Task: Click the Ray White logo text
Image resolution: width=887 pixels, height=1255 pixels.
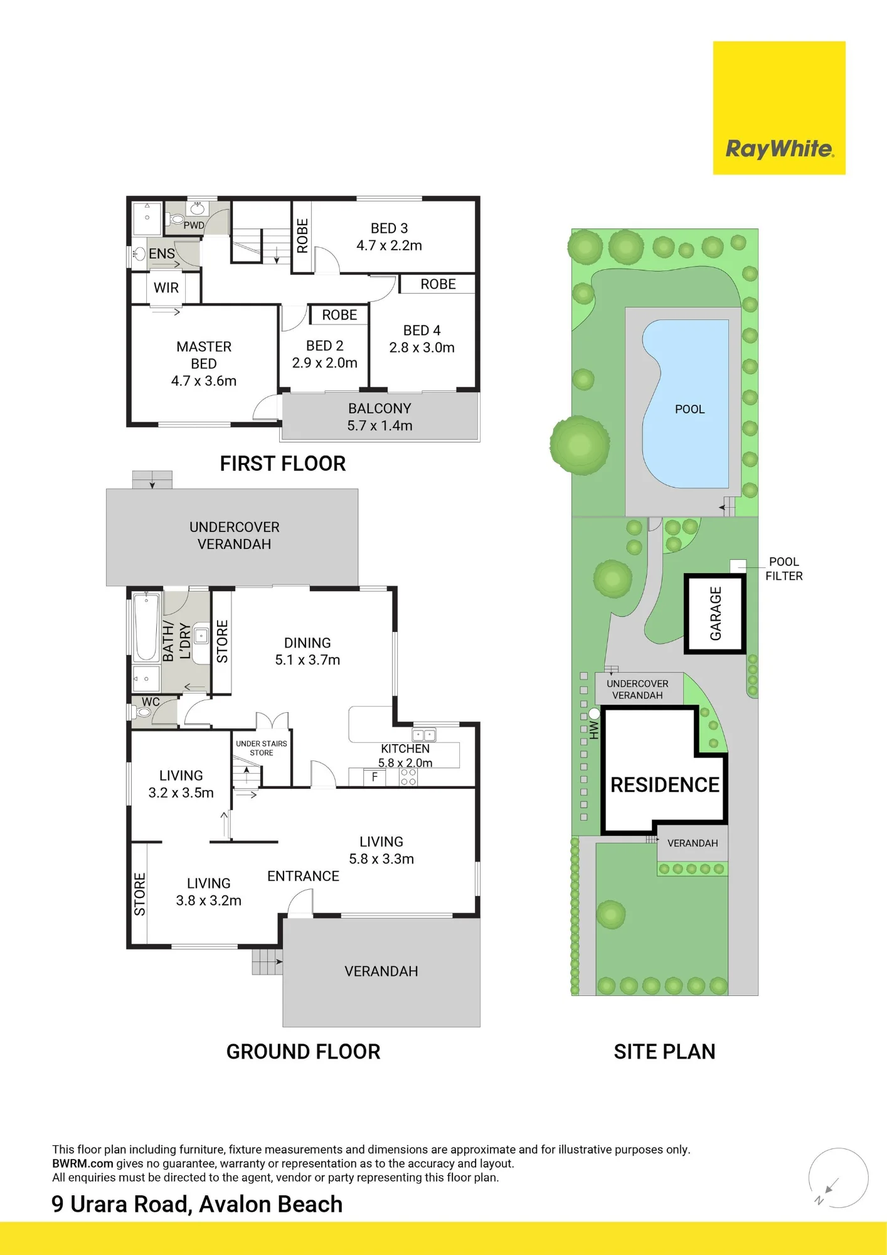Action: pyautogui.click(x=779, y=149)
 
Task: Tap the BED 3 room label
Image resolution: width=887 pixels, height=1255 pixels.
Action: pyautogui.click(x=389, y=237)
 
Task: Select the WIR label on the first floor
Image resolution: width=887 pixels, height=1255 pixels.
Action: pyautogui.click(x=166, y=287)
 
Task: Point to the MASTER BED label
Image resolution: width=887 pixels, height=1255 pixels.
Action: pyautogui.click(x=204, y=363)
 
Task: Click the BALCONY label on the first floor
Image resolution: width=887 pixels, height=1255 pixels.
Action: pyautogui.click(x=380, y=417)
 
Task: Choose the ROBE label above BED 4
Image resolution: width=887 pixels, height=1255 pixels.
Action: pyautogui.click(x=438, y=284)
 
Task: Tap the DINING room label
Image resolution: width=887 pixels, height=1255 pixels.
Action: pyautogui.click(x=307, y=651)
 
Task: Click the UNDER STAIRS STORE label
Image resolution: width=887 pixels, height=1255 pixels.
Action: pyautogui.click(x=262, y=748)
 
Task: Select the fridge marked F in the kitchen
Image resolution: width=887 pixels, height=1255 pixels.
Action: pyautogui.click(x=375, y=777)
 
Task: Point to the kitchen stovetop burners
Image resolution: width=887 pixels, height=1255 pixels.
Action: pyautogui.click(x=408, y=777)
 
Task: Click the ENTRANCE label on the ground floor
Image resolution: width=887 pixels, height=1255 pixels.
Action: pyautogui.click(x=303, y=876)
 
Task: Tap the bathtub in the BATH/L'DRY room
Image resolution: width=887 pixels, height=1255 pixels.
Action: pyautogui.click(x=146, y=627)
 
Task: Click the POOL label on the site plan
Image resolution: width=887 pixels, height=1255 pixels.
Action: pyautogui.click(x=689, y=409)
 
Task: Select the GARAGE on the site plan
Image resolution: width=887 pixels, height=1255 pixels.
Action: pyautogui.click(x=714, y=614)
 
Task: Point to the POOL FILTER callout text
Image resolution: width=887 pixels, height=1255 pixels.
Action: pyautogui.click(x=783, y=569)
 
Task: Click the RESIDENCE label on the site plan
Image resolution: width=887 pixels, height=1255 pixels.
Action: pyautogui.click(x=665, y=784)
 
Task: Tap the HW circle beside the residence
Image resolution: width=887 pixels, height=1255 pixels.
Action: pyautogui.click(x=594, y=713)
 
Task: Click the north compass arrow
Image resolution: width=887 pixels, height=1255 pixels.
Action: pyautogui.click(x=832, y=1185)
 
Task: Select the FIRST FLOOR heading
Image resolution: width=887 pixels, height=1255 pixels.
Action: pyautogui.click(x=283, y=463)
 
